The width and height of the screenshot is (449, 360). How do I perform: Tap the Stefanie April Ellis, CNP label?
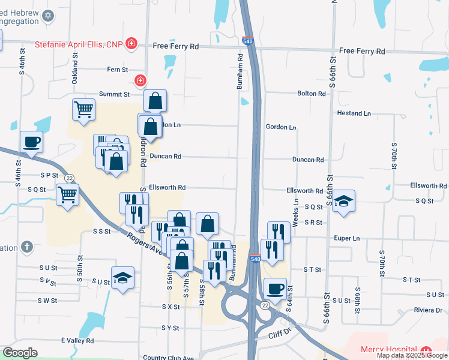click(79, 44)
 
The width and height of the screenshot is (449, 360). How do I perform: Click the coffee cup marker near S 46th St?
click(32, 142)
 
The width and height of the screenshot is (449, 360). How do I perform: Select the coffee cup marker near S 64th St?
click(275, 289)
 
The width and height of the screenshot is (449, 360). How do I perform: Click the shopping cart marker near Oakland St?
click(83, 109)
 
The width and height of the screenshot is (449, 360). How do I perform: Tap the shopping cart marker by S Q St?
click(67, 194)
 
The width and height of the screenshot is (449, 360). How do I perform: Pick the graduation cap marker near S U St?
click(122, 278)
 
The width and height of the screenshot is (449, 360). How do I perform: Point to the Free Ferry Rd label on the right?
click(362, 52)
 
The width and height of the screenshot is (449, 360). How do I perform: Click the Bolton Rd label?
click(312, 94)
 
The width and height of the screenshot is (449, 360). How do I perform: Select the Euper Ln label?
click(348, 238)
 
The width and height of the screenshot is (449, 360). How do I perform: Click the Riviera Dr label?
click(427, 310)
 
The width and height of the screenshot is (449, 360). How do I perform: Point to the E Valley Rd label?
click(77, 340)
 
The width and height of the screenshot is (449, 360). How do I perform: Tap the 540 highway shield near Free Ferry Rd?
click(249, 41)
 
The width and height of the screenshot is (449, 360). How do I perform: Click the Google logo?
click(20, 353)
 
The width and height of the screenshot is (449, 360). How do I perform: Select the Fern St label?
click(117, 70)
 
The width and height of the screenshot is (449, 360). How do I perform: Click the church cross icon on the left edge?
click(26, 247)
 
